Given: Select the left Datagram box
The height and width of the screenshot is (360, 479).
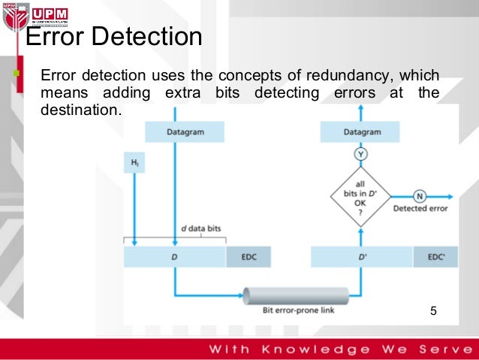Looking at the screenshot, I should tap(174, 132).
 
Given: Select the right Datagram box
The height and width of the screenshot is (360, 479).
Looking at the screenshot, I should tap(361, 132).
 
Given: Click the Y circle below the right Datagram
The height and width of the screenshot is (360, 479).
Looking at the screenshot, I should tap(361, 155).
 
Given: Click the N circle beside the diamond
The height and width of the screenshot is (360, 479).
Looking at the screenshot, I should tap(420, 195).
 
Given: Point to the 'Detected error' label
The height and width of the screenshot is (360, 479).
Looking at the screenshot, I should tap(420, 209).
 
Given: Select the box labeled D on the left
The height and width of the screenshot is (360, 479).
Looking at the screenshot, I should tap(175, 256).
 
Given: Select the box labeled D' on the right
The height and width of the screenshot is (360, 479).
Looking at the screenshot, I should tap(362, 256).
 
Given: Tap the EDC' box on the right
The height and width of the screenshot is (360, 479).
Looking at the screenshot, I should tap(437, 256).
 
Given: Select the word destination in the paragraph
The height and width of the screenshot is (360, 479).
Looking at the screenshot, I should tap(80, 109).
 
